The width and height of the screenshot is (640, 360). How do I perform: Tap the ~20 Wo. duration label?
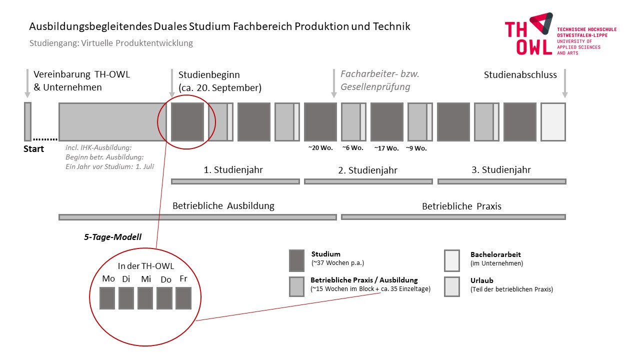[x=320, y=148]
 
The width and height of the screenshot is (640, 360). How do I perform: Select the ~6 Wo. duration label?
[x=352, y=148]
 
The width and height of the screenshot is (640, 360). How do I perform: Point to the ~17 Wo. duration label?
[x=386, y=148]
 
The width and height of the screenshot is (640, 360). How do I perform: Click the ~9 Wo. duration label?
[x=416, y=148]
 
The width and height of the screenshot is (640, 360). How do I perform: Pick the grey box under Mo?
[x=107, y=298]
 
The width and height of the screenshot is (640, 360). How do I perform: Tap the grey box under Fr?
[x=183, y=298]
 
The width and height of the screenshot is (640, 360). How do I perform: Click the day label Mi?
[x=146, y=279]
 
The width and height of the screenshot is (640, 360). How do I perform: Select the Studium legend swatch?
[x=296, y=260]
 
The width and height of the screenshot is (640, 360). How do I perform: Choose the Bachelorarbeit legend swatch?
[x=452, y=260]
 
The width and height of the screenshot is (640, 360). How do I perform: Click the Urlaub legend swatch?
[x=452, y=286]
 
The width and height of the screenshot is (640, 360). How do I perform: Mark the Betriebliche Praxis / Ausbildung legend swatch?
[x=296, y=286]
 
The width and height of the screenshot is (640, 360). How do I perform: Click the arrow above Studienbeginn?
[x=172, y=83]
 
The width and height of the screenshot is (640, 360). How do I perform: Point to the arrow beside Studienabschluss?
[x=565, y=83]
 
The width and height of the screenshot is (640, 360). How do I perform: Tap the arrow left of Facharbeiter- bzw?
[x=333, y=83]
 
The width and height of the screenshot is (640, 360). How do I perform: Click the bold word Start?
[x=33, y=149]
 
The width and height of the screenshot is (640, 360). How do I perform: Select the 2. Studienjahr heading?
[x=367, y=170]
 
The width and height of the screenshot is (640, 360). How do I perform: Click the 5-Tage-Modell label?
[x=112, y=237]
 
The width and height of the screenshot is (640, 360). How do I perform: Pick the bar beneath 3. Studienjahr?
[x=501, y=181]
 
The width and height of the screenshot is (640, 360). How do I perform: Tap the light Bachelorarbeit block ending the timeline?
[x=553, y=122]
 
